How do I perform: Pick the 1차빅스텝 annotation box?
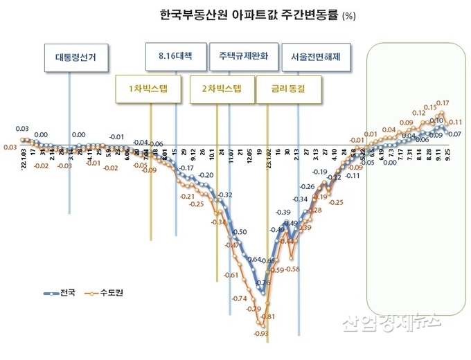[x=148, y=89]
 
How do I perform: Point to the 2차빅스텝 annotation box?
[x=222, y=89]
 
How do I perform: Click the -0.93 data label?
[x=260, y=334]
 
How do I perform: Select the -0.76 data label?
[x=263, y=283]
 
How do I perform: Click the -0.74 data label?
[x=239, y=298]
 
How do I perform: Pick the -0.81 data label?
[x=268, y=316]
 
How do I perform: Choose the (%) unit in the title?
[x=350, y=15]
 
